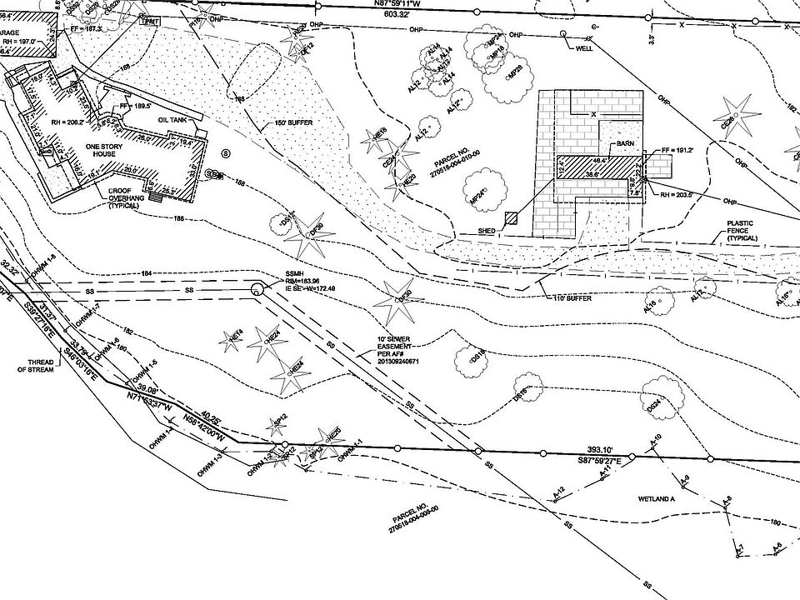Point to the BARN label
pyautogui.click(x=626, y=143)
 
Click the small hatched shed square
pyautogui.click(x=511, y=218)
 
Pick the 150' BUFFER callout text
pyautogui.click(x=294, y=123)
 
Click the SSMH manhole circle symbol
pyautogui.click(x=257, y=289)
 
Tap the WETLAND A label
pyautogui.click(x=655, y=497)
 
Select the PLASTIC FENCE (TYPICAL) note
pyautogui.click(x=742, y=231)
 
